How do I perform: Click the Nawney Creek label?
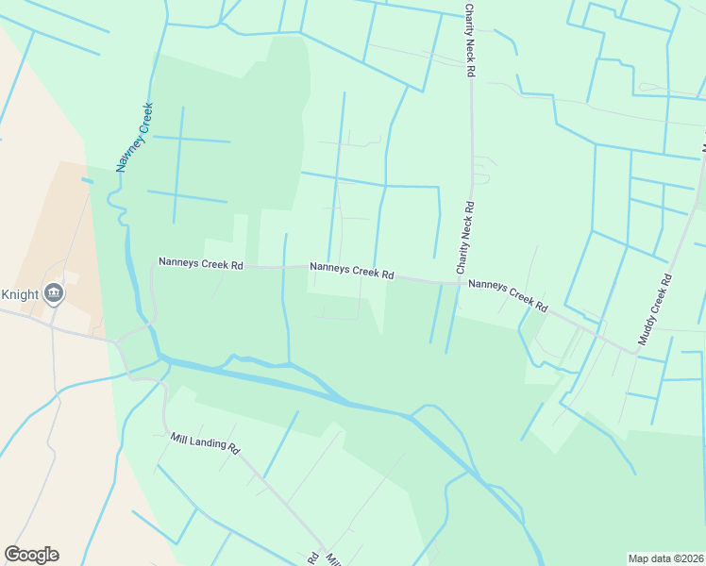(x=134, y=138)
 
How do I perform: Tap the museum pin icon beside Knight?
(x=54, y=293)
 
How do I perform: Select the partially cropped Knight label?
(x=19, y=294)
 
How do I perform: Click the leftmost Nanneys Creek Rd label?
(x=201, y=264)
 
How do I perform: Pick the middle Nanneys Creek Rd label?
(x=352, y=271)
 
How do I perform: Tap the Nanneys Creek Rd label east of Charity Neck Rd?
(x=508, y=295)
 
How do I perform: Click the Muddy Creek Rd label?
(x=654, y=309)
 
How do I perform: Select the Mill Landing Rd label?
(x=206, y=443)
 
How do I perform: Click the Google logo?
(x=31, y=555)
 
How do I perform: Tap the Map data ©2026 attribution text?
(x=665, y=558)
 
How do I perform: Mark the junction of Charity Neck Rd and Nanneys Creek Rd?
(x=461, y=282)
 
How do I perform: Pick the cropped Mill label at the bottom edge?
(x=332, y=559)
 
